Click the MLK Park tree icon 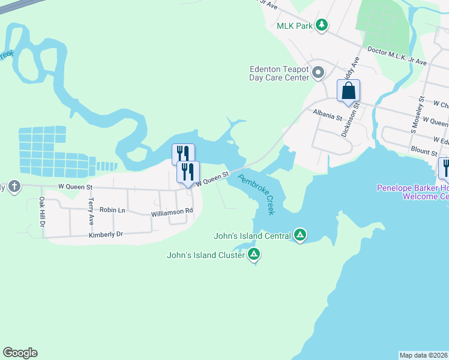[322, 25]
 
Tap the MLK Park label [295, 25]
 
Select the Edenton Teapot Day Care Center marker [319, 73]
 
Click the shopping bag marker [348, 92]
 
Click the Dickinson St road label [350, 119]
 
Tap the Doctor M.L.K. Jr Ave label [396, 57]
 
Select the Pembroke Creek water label [257, 194]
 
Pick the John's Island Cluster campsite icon [255, 255]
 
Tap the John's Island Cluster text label [206, 256]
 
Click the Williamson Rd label [172, 212]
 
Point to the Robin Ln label [112, 210]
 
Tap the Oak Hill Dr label [42, 211]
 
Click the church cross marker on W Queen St [14, 187]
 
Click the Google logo [20, 353]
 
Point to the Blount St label [424, 152]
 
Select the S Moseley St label [417, 114]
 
